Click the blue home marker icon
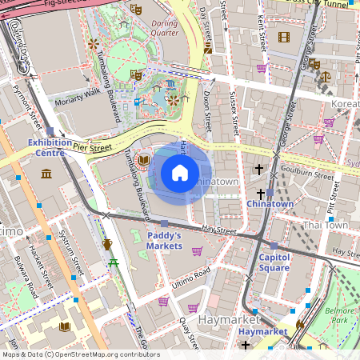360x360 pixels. coord(180,173)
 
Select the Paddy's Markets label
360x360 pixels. coord(164,241)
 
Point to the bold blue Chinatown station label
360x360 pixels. coord(270,204)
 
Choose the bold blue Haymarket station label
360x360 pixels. coord(262,331)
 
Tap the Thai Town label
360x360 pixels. coord(325,226)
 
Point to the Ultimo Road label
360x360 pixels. coord(190,275)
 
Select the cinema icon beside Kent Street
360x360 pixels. coord(283,37)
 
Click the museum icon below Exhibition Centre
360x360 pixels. coord(46,174)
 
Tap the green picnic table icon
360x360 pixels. coord(114,262)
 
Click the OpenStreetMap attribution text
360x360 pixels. coord(80,354)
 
